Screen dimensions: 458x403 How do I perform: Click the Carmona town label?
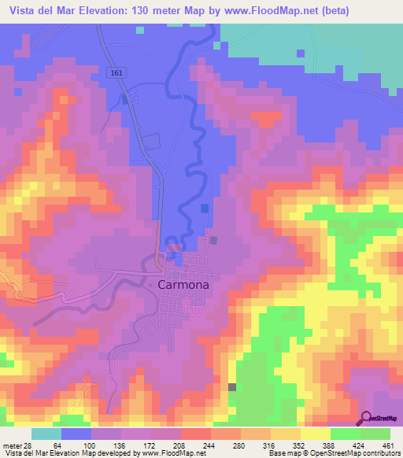click(183, 286)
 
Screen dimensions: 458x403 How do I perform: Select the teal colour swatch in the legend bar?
click(46, 434)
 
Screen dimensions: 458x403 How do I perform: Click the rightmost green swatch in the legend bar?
click(375, 434)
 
